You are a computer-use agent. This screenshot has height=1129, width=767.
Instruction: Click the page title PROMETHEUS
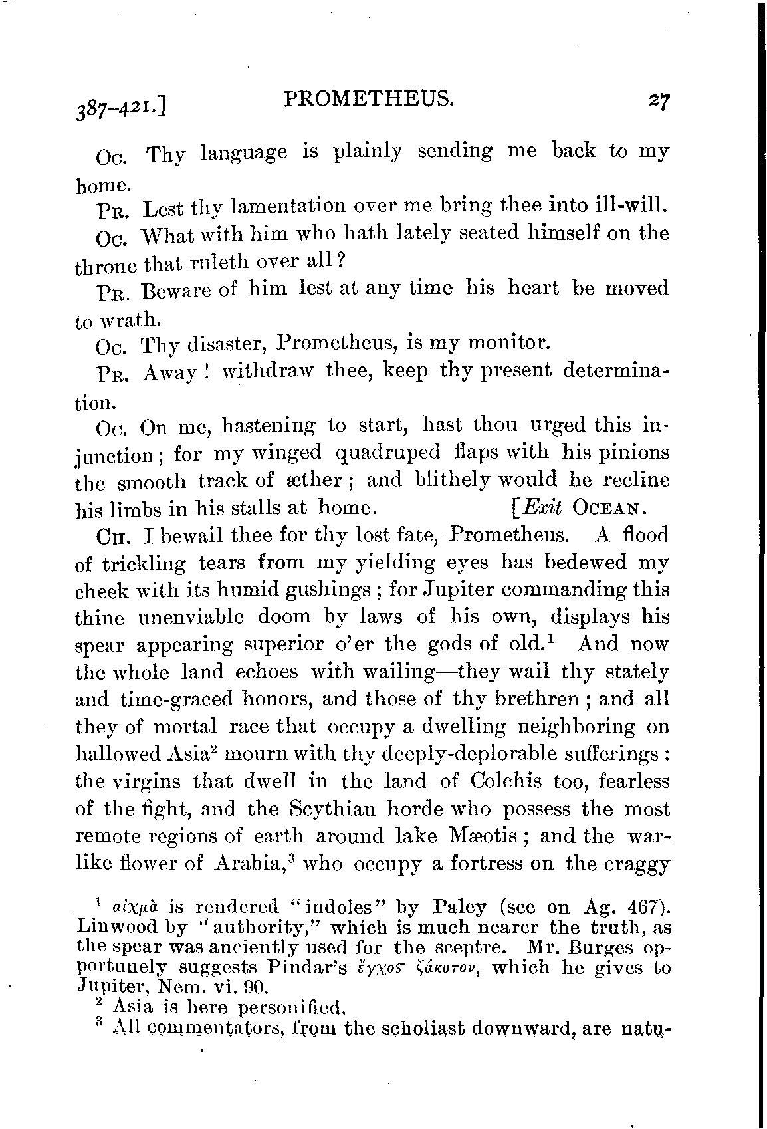point(369,99)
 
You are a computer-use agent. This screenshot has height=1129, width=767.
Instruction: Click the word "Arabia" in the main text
point(253,864)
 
